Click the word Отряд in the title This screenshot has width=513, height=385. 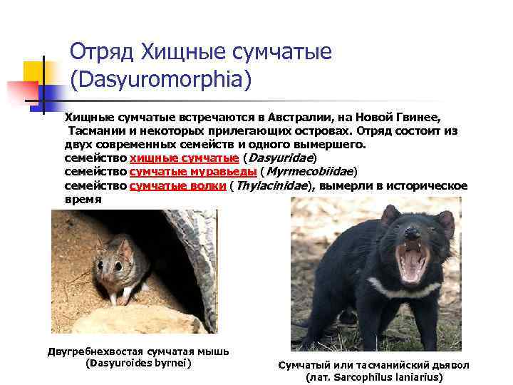101,51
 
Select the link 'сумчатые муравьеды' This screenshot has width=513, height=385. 193,172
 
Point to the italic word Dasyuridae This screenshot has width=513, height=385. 281,158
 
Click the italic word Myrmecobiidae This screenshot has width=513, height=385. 309,172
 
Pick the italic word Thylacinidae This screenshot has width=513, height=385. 272,185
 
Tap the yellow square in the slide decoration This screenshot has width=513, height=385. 33,72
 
